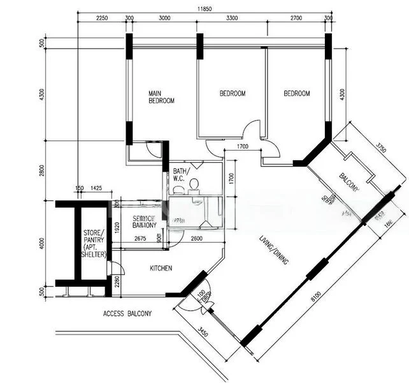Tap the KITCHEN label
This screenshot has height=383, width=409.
pyautogui.click(x=161, y=269)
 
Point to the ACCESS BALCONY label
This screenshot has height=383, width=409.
pyautogui.click(x=127, y=314)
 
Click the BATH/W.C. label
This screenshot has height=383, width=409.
pyautogui.click(x=178, y=175)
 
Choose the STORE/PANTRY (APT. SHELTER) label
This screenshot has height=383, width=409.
pyautogui.click(x=94, y=244)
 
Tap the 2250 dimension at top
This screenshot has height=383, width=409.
pyautogui.click(x=102, y=19)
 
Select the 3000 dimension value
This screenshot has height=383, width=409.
pyautogui.click(x=164, y=19)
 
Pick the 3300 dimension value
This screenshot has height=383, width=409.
pyautogui.click(x=232, y=19)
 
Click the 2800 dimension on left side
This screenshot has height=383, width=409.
pyautogui.click(x=42, y=172)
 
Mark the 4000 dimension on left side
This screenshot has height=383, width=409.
pyautogui.click(x=42, y=244)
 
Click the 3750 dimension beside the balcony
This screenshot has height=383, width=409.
pyautogui.click(x=381, y=148)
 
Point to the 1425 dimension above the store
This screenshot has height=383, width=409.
pyautogui.click(x=96, y=188)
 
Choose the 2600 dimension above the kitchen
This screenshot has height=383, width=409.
pyautogui.click(x=197, y=239)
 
